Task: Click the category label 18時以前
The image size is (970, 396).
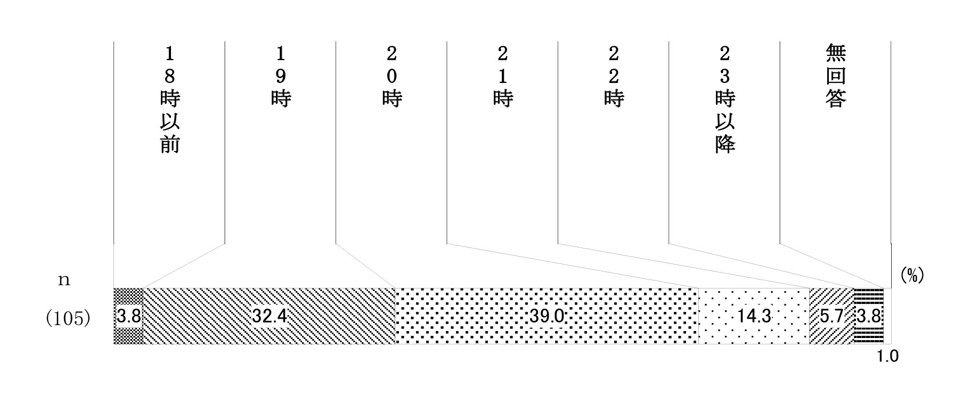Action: coord(169,100)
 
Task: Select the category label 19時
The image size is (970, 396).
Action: coord(281,77)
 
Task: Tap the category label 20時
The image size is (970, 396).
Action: coord(392,77)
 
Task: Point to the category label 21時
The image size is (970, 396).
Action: coord(503,77)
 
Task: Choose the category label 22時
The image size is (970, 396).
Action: coord(614,77)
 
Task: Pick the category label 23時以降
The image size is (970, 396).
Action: coord(724,100)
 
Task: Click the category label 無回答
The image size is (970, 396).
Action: coord(836,77)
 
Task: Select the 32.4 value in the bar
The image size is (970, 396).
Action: coord(269,317)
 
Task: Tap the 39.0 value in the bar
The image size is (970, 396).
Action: coord(547,317)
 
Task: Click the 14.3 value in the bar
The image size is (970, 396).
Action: coord(754,317)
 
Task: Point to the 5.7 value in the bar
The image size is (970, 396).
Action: coord(832,317)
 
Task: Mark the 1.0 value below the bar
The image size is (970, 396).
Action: coord(887,356)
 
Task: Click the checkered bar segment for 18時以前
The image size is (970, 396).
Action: coord(128,316)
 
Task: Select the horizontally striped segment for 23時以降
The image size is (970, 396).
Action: coord(869,316)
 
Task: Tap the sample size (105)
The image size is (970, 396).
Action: coord(67,318)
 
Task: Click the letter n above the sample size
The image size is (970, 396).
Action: coord(64,280)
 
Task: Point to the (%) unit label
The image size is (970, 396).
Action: coord(912,275)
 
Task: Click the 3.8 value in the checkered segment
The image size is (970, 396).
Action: coord(128,317)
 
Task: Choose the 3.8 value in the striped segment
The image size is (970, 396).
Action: coord(869,317)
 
